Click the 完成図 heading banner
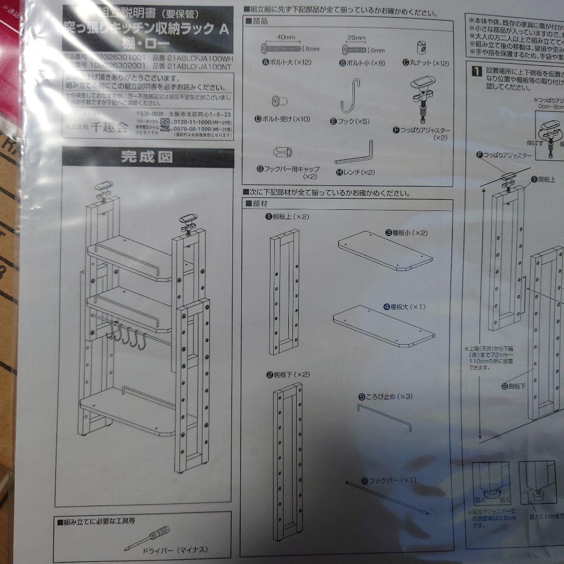147,157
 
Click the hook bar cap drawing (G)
283,152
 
